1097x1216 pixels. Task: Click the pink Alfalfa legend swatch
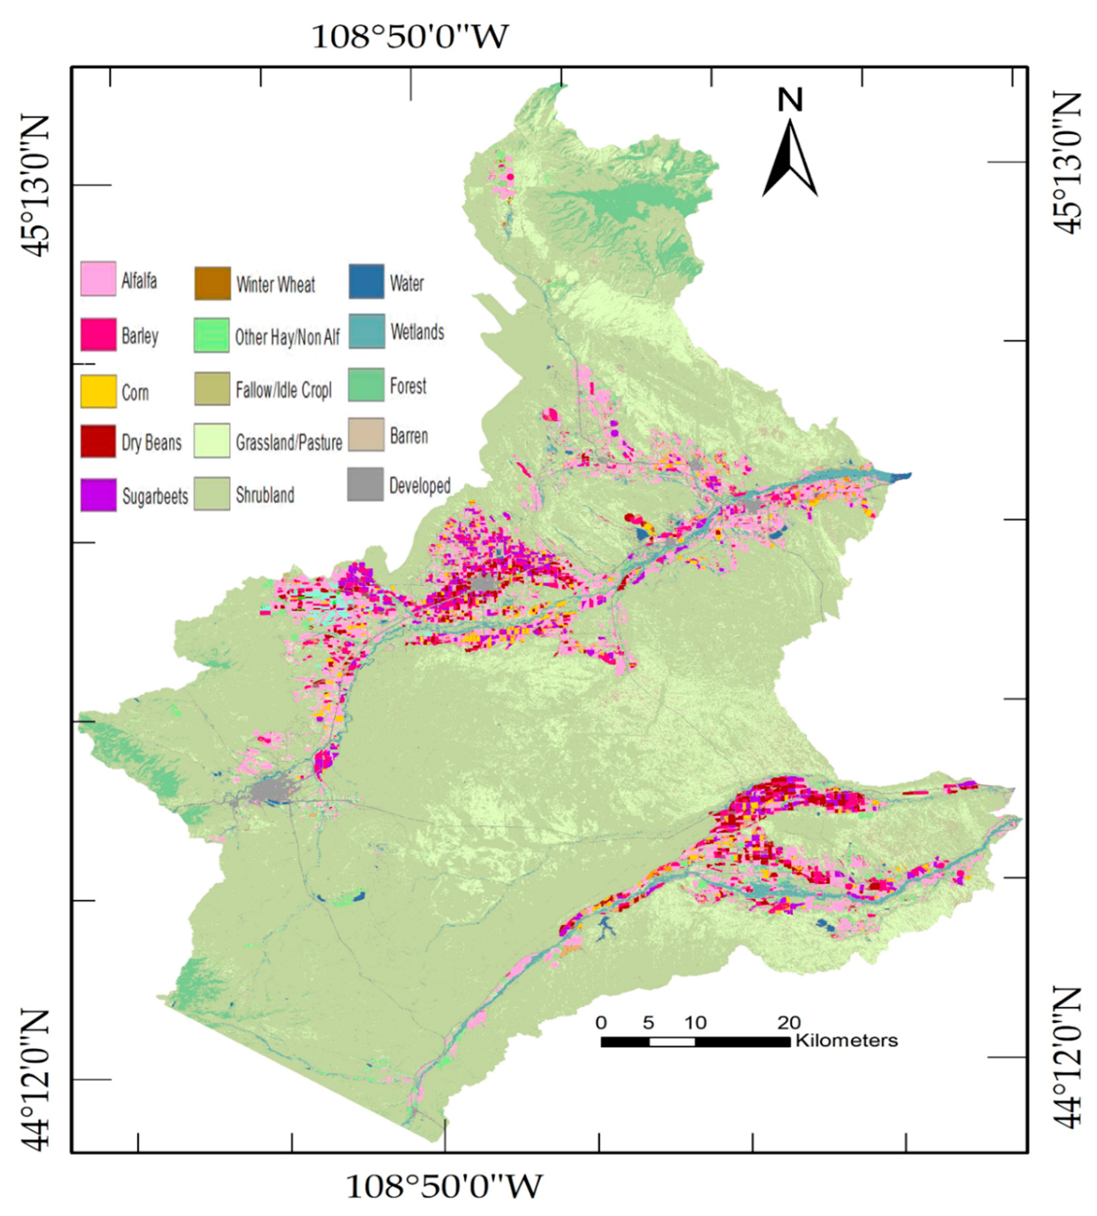click(98, 279)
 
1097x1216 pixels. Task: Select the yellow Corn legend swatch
click(98, 391)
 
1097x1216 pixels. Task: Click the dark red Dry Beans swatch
click(98, 441)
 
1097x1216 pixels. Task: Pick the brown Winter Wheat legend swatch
click(212, 283)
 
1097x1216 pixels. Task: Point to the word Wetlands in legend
click(417, 332)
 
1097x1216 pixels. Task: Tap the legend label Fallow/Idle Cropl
click(283, 391)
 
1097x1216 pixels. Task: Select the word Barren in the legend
click(409, 436)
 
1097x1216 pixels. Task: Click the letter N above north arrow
click(790, 100)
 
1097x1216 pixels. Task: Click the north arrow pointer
click(790, 160)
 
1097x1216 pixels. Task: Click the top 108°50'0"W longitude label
click(410, 37)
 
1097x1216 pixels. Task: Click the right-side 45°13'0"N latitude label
click(1069, 163)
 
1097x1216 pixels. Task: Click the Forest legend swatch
click(366, 384)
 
